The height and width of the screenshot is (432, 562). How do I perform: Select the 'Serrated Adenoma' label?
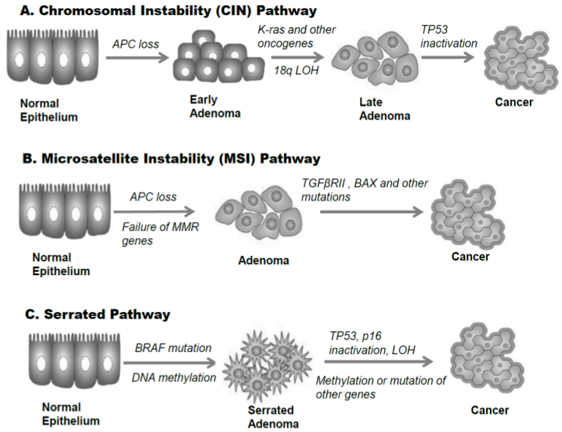tap(268, 418)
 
